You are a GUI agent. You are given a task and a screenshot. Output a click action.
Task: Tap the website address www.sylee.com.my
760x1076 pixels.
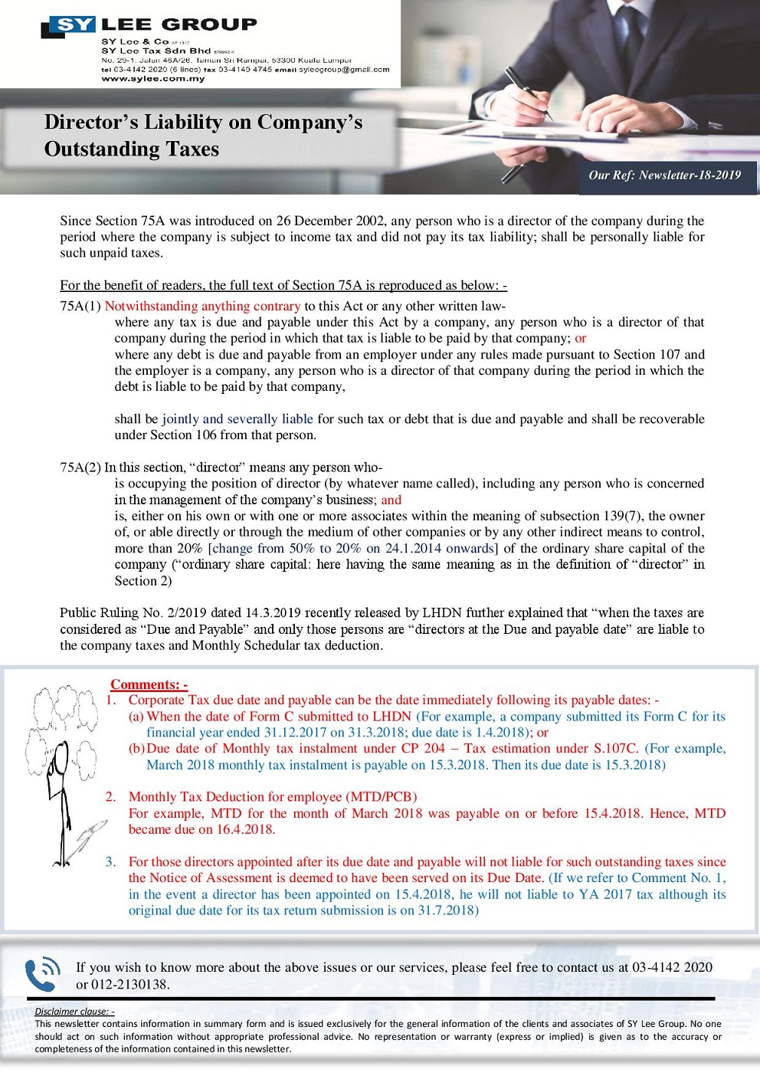point(153,78)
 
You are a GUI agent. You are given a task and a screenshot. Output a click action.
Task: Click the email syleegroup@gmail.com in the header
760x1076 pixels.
point(344,69)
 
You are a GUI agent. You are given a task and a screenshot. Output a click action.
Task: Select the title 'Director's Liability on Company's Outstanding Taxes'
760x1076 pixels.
point(203,135)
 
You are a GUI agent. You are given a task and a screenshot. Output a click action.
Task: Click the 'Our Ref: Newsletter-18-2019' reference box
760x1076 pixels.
point(664,175)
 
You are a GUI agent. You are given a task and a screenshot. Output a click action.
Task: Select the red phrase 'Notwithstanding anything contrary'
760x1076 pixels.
point(202,306)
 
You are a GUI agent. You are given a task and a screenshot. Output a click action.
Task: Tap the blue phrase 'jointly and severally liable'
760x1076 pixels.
point(237,418)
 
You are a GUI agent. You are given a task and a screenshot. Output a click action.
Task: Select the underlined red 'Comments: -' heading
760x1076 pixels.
point(149,684)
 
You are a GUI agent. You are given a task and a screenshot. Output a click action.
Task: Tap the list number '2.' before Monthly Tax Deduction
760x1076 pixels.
point(111,797)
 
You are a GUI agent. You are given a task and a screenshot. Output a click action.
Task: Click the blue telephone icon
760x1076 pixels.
point(43,975)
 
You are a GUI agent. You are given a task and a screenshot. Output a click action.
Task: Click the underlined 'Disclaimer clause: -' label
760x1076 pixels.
point(74,1011)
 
